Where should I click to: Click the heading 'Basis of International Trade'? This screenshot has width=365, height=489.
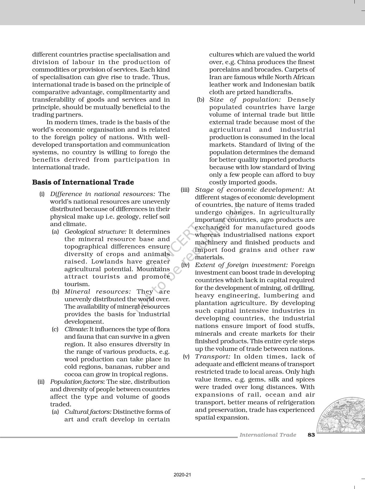pos(83,182)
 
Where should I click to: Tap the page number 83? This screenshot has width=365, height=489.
pos(311,435)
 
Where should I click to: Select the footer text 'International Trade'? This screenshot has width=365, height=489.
pos(268,435)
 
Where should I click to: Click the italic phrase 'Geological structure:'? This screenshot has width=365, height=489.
pos(95,231)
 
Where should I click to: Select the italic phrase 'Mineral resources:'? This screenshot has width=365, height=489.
pos(98,292)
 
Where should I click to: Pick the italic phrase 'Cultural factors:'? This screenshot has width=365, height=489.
pos(88,412)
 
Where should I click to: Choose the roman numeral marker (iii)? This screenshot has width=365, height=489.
pos(185,190)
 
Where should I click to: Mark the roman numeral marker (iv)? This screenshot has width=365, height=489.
pos(185,265)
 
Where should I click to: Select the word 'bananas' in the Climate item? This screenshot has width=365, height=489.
pos(119,367)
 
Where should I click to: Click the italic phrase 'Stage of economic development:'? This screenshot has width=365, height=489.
pos(249,190)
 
